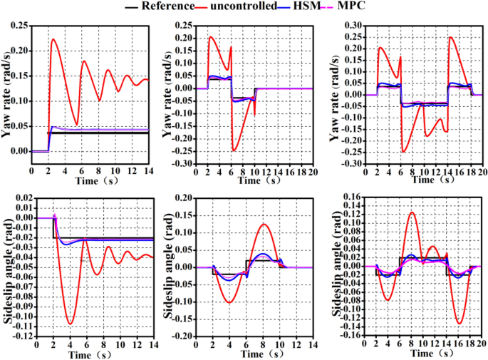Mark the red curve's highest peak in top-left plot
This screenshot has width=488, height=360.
coord(53,39)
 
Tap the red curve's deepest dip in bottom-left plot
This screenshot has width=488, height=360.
coord(70,324)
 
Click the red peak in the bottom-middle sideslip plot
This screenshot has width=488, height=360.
coord(264,225)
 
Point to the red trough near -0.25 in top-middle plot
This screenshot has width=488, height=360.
coord(233,150)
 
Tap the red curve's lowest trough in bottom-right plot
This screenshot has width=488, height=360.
coord(459,324)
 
